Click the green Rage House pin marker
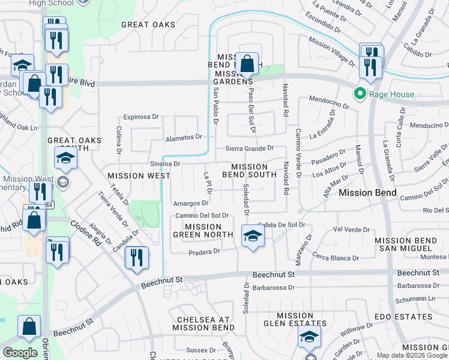[360, 94]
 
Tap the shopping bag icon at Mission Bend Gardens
[247, 62]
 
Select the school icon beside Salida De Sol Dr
[253, 235]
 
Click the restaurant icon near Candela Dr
[137, 257]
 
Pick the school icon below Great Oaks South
[65, 158]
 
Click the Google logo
[20, 353]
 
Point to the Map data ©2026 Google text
[411, 355]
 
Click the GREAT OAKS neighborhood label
[148, 25]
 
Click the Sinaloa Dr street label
[165, 163]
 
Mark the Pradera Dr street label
[206, 252]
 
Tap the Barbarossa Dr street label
[274, 287]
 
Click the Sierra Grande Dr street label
[249, 148]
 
